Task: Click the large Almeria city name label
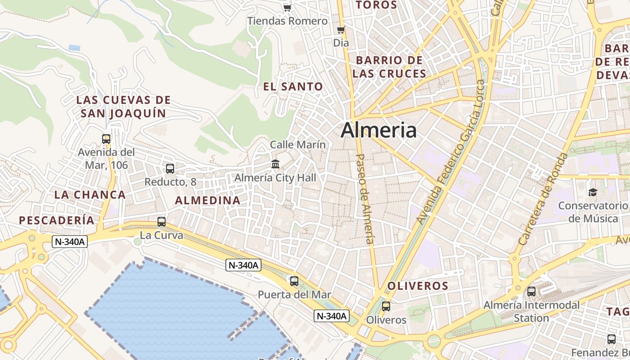coord(378,130)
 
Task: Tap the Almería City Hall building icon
coord(275,164)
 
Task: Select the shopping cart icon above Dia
coord(341,30)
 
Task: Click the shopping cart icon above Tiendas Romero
coord(287,8)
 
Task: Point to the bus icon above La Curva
coord(162,222)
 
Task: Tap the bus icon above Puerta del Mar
coord(294,281)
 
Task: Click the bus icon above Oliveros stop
coord(386,306)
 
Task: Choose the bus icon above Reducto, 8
coord(170,169)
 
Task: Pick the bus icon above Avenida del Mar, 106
coord(106,139)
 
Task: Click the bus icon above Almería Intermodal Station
coord(531,292)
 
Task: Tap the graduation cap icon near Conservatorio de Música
coord(593,193)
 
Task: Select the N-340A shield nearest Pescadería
coord(69,242)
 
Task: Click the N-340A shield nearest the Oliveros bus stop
coord(332,316)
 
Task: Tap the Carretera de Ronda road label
coord(543,199)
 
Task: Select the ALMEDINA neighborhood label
coord(207,201)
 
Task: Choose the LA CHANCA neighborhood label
coord(90,195)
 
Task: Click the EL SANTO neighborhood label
coord(293,87)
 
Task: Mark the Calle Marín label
coord(297,144)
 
